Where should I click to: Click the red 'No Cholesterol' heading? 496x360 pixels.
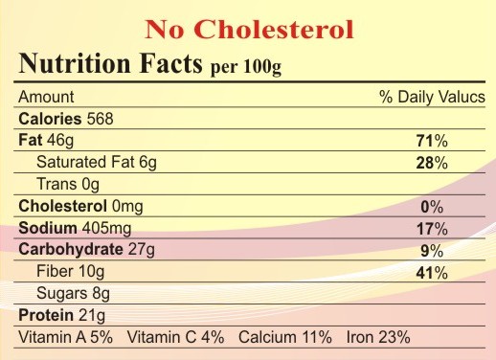pos(249,30)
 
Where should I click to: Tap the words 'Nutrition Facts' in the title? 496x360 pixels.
pos(110,63)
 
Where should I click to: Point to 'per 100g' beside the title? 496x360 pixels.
pos(246,67)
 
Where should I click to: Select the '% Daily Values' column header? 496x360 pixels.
pos(432,97)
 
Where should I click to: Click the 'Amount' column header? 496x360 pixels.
pos(46,97)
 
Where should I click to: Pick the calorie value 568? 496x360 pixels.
pos(101,119)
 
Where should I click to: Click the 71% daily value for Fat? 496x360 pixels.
pos(432,141)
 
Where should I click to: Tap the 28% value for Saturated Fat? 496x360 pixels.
pos(432,163)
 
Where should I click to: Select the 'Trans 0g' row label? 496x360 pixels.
pos(68,185)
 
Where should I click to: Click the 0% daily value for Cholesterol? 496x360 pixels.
pos(432,207)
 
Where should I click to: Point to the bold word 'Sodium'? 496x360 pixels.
pos(48,228)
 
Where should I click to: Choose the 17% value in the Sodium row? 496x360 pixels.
pos(432,229)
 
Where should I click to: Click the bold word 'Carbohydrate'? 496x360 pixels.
pos(71,250)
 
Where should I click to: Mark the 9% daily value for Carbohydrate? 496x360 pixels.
pos(432,251)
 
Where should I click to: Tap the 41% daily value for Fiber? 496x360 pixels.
pos(432,273)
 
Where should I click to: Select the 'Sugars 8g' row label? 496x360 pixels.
pos(73,294)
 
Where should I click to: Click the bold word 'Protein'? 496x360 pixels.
pos(46,315)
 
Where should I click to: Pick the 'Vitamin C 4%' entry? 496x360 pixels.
pos(175,337)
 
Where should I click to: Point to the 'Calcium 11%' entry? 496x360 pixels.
pos(285,337)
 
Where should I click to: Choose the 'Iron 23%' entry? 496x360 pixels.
pos(378,337)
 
